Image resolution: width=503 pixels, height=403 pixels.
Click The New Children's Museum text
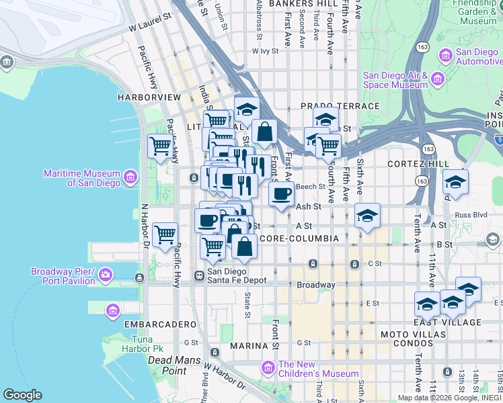click(317, 369)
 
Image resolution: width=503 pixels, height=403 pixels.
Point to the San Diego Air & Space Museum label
click(395, 80)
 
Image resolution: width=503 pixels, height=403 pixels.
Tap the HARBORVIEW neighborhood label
click(149, 97)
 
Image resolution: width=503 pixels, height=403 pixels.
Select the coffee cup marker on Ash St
click(281, 193)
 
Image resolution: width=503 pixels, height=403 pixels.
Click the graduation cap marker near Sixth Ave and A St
click(367, 216)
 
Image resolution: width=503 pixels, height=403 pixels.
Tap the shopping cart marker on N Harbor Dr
click(165, 234)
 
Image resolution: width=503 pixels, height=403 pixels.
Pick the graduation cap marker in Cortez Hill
click(455, 181)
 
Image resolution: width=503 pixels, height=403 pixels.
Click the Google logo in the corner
click(22, 395)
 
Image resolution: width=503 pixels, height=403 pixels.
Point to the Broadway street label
click(316, 285)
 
